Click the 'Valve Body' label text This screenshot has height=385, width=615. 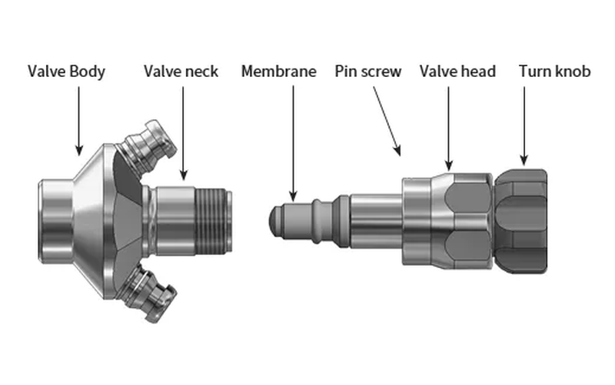(x=66, y=72)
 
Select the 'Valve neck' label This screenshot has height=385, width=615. (x=181, y=72)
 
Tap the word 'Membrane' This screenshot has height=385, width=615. (x=278, y=72)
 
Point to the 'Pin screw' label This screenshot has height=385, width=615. (x=368, y=72)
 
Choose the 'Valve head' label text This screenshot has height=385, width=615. (x=457, y=72)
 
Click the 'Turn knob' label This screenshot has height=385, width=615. (x=554, y=72)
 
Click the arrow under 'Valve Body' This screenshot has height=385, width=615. (x=79, y=121)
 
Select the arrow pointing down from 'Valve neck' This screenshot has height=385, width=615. (x=183, y=133)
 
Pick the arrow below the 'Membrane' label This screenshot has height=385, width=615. (x=293, y=143)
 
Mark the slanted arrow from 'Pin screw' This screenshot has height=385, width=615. (x=387, y=121)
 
